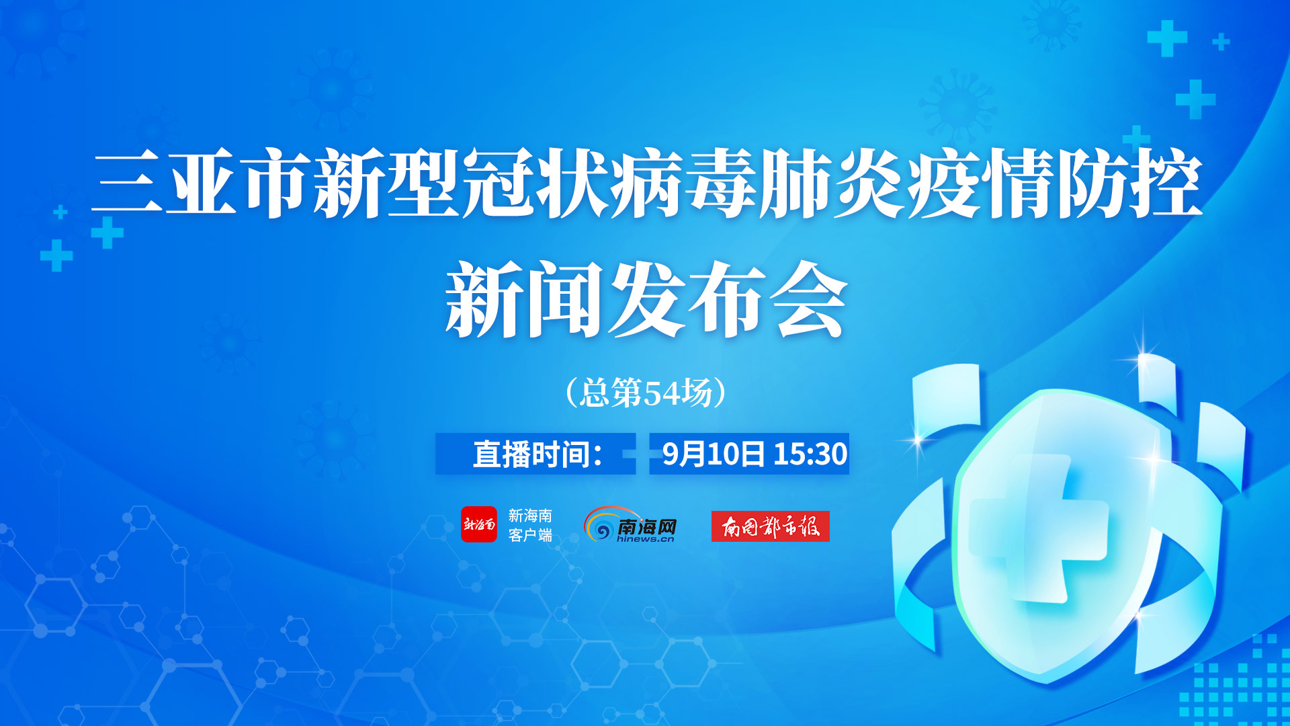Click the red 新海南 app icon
479,524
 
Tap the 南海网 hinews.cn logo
630,524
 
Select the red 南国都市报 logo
771,526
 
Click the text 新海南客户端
530,525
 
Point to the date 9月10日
714,454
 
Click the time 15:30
810,454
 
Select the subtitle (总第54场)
646,393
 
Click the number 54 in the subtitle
662,393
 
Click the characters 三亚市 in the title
201,182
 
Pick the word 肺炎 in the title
833,182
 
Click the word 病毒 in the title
685,182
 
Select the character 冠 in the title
499,182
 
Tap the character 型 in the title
424,182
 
